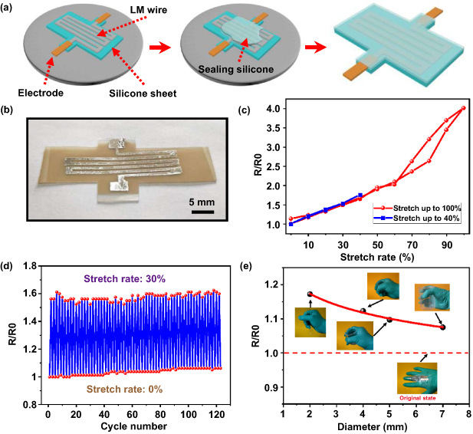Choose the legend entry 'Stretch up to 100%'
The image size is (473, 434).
420,207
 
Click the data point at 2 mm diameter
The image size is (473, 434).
310,294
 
